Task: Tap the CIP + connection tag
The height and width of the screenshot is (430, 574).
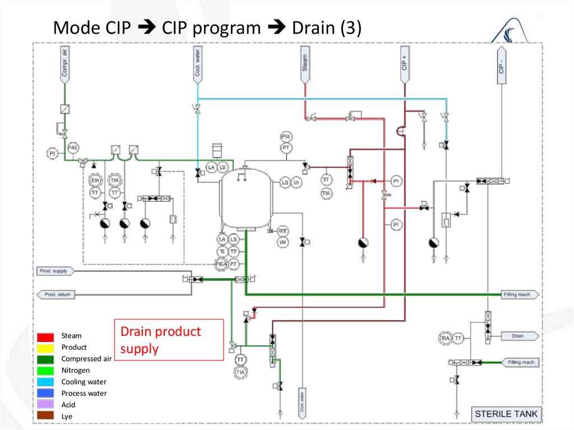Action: (x=404, y=64)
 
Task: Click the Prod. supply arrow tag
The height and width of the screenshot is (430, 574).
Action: (x=55, y=271)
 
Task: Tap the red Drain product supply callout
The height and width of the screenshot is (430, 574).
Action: (x=169, y=340)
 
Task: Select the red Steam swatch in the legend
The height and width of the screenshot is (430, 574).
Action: (x=46, y=336)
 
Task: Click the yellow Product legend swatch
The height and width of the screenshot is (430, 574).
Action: (x=46, y=348)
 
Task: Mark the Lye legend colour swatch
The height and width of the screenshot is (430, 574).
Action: (x=46, y=416)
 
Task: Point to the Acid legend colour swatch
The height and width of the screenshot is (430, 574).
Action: (x=46, y=405)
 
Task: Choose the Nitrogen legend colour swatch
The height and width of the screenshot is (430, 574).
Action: (x=46, y=371)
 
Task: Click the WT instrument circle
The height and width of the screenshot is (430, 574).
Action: (x=283, y=231)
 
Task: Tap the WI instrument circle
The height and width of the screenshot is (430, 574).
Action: (x=283, y=242)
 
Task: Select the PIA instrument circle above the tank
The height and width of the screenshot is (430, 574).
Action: (x=286, y=137)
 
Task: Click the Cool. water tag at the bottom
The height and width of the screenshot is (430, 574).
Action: (x=302, y=401)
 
